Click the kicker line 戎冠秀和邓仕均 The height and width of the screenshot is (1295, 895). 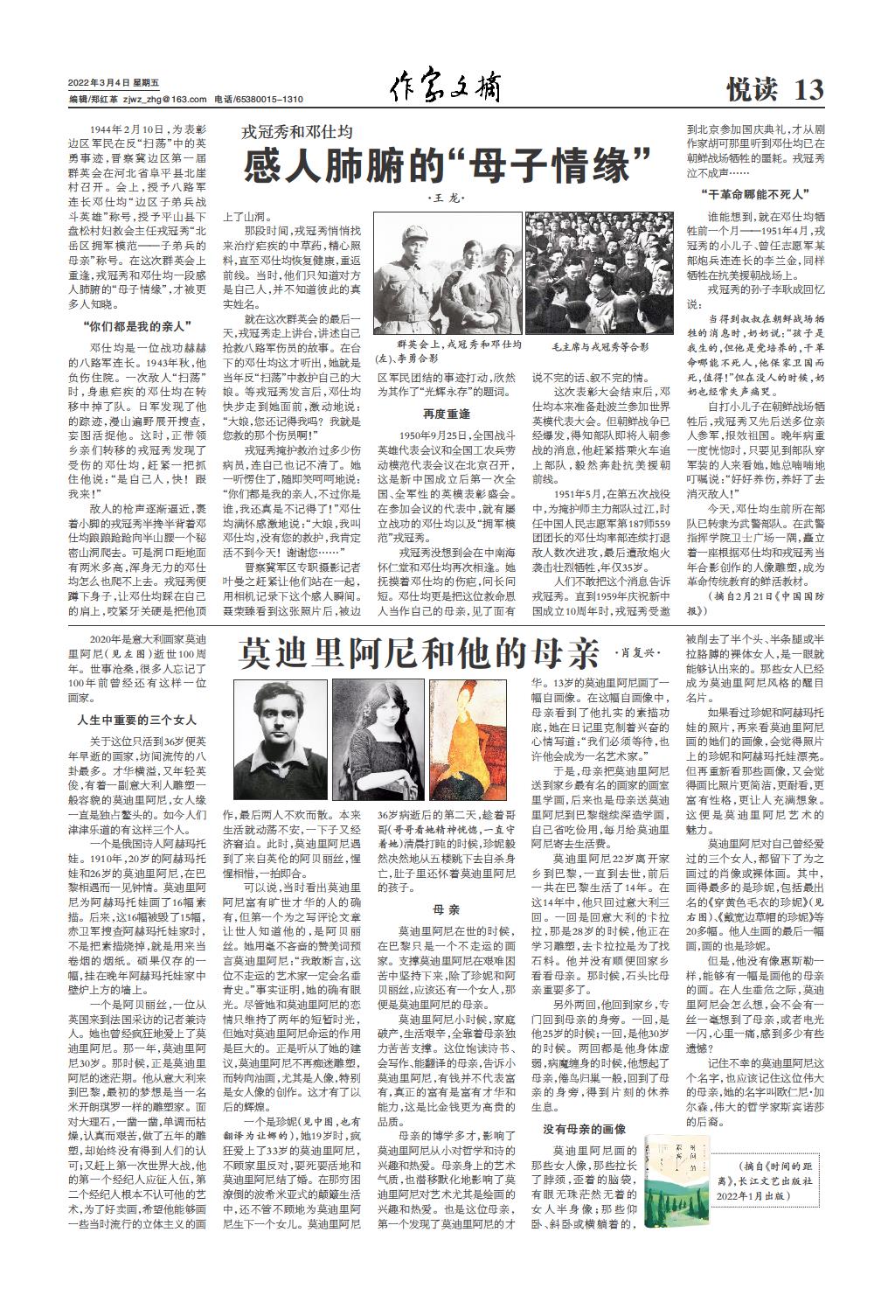(297, 132)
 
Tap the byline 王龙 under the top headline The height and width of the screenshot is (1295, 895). (447, 199)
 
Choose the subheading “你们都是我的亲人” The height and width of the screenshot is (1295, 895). (138, 327)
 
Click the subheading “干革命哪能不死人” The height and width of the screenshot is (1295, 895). (753, 193)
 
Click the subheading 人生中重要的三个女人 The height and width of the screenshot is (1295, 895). (136, 721)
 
